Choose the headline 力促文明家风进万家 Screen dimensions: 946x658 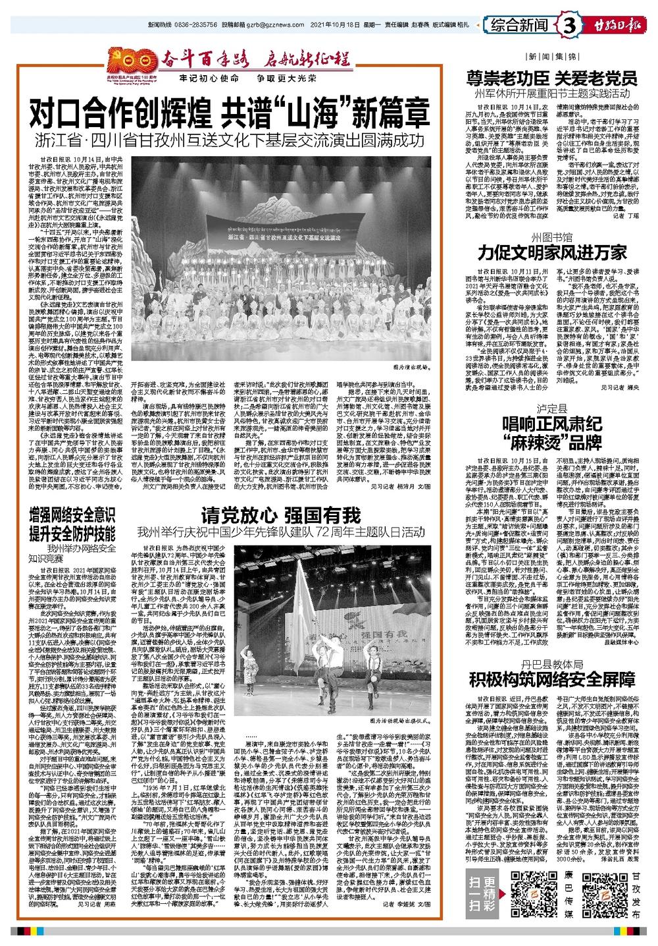(551, 251)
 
